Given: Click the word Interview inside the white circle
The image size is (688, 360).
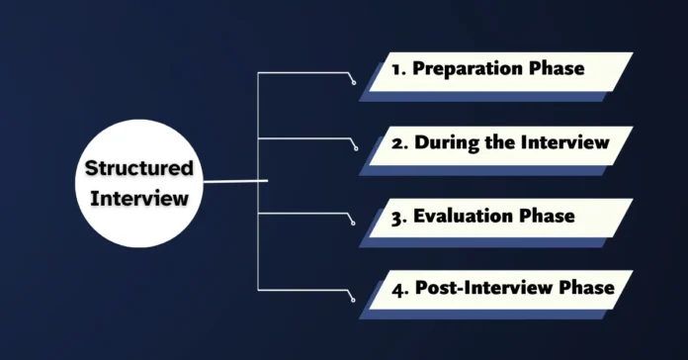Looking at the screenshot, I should click(x=139, y=198).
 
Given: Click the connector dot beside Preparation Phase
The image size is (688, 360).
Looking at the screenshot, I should click(x=355, y=82).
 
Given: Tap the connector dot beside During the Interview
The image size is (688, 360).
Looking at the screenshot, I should click(x=355, y=151).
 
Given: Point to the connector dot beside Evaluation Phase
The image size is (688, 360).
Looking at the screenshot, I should click(x=355, y=224).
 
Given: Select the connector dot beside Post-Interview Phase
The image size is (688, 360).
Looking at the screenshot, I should click(x=355, y=296).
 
